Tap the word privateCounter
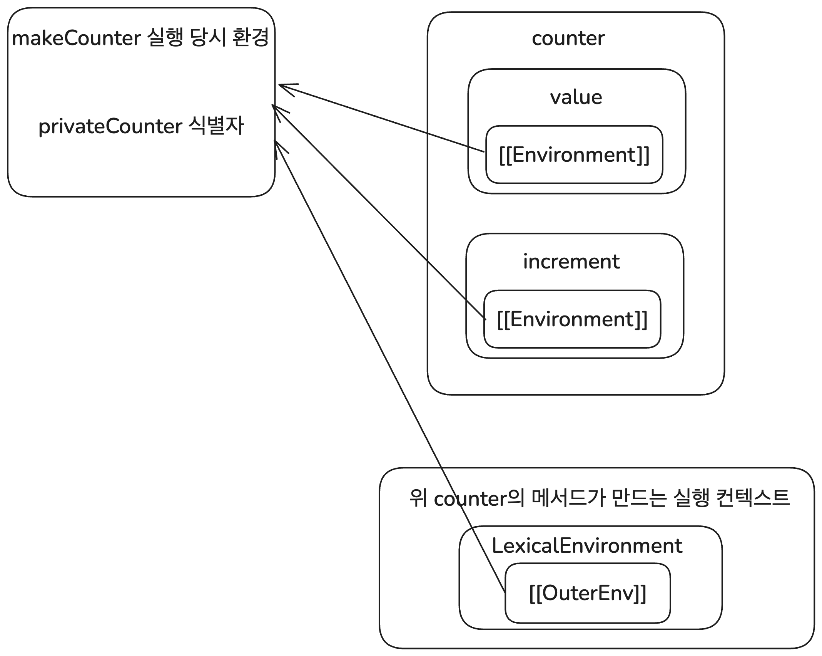[x=110, y=126]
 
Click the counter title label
[x=568, y=39]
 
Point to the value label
[x=576, y=97]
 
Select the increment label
[x=571, y=262]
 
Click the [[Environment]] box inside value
[x=574, y=155]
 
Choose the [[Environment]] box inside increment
[x=572, y=319]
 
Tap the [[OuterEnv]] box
[x=587, y=593]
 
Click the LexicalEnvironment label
[x=587, y=546]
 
